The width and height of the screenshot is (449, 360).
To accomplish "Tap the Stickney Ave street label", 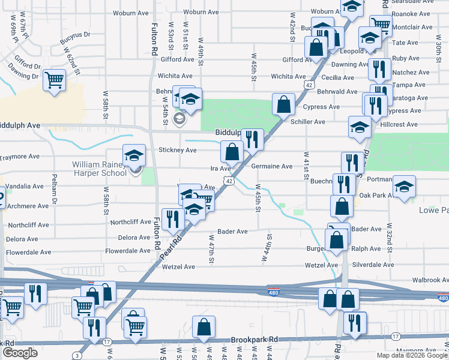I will (x=177, y=150).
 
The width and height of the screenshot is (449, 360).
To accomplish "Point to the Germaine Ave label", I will (x=271, y=166).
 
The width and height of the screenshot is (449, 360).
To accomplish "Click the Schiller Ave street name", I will (x=307, y=122).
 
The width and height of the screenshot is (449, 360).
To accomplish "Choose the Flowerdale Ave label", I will (x=128, y=251).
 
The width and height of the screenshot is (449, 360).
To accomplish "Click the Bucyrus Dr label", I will (x=74, y=40).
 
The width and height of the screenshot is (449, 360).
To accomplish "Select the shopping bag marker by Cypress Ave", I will (x=283, y=104).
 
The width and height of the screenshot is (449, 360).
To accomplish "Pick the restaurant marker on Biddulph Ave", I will (x=253, y=140).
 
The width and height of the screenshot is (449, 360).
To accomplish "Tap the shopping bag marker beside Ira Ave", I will (x=232, y=152).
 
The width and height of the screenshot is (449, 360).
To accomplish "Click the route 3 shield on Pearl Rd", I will (x=77, y=356).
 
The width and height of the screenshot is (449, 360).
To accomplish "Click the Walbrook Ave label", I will (x=430, y=280).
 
